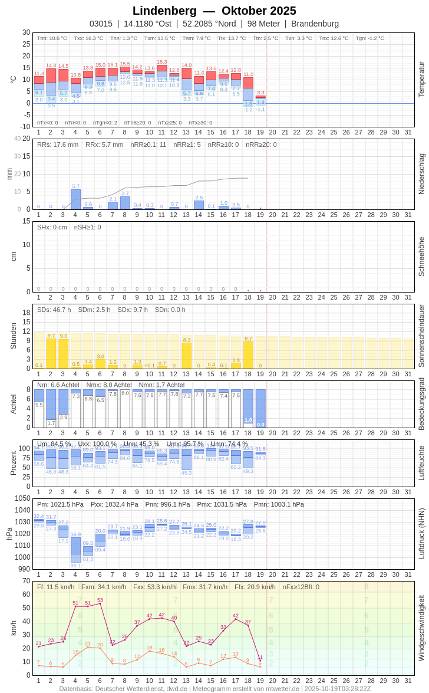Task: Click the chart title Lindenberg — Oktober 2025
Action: (x=214, y=11)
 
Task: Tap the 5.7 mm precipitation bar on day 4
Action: (x=75, y=199)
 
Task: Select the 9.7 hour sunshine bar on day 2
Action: (x=51, y=353)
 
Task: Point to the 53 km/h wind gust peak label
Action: (x=100, y=600)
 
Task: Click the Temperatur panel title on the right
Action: (x=421, y=80)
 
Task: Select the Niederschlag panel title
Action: (x=421, y=174)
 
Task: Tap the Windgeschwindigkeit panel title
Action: (x=421, y=628)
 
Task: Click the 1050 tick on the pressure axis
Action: (x=22, y=498)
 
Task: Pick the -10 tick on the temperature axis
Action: (x=25, y=126)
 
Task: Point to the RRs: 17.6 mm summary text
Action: (x=58, y=144)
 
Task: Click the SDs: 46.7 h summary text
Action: (x=54, y=310)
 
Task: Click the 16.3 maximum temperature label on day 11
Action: (x=162, y=62)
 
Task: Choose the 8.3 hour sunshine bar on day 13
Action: (x=187, y=356)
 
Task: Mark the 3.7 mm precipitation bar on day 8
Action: (x=125, y=203)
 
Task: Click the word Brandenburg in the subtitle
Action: (x=315, y=24)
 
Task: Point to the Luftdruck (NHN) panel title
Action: (x=421, y=534)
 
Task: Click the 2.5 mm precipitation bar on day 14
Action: (x=199, y=205)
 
